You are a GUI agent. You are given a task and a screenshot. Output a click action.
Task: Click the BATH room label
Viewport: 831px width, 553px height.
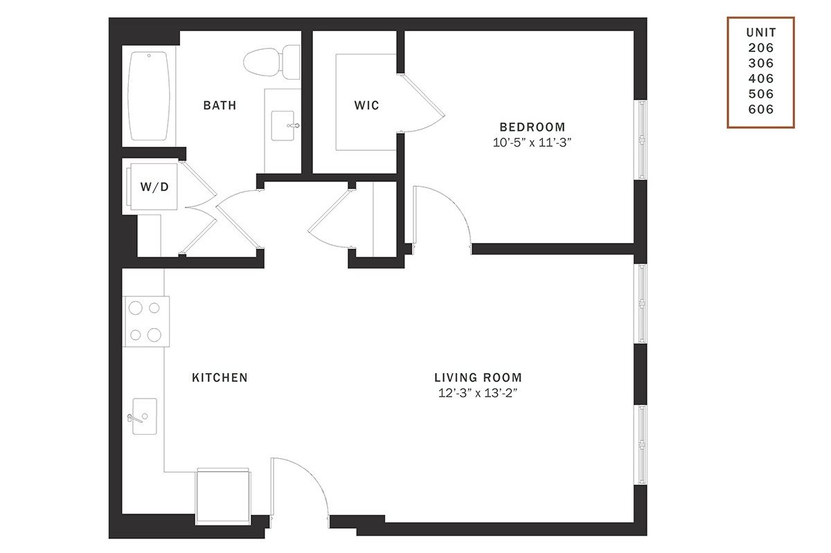pos(220,105)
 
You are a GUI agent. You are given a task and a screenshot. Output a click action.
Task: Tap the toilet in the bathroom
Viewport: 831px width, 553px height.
pos(271,62)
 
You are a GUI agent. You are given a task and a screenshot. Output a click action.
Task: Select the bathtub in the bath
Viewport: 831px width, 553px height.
pos(149,96)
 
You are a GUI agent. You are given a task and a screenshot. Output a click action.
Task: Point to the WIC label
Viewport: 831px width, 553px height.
pos(366,105)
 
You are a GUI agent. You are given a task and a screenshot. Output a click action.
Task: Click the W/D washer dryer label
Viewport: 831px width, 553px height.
pos(154,187)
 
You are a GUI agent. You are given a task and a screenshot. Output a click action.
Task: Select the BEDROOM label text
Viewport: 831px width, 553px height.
pos(533,127)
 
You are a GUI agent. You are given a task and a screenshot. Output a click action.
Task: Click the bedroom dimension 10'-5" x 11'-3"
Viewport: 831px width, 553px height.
pos(532,143)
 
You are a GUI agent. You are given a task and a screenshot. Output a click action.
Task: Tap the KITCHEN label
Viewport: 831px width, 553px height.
pos(220,378)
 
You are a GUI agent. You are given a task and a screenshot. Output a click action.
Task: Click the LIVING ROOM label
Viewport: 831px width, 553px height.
pos(479,378)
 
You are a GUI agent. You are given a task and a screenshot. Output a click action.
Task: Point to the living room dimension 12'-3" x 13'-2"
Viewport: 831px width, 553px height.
pos(478,393)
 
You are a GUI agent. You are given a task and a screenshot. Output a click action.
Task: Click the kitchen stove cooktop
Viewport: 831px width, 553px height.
pos(146,322)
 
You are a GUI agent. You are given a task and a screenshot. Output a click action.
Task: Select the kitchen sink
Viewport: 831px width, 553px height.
pos(144,416)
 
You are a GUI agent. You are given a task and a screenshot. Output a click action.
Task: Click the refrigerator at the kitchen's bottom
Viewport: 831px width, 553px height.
pos(223,497)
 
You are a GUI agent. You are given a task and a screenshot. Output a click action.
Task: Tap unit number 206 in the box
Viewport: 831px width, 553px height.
pos(761,48)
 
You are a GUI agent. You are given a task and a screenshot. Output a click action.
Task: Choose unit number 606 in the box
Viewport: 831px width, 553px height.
pos(761,109)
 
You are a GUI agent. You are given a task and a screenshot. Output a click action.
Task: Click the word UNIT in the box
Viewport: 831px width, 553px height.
pos(761,33)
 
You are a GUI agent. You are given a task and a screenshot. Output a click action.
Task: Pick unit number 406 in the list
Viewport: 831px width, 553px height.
pos(761,79)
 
